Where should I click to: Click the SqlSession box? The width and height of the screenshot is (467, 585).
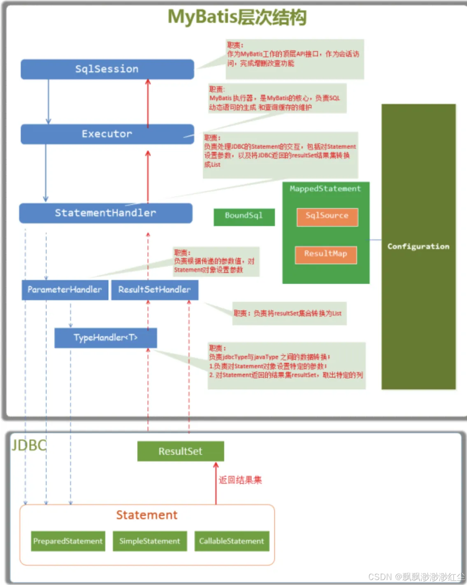coord(107,69)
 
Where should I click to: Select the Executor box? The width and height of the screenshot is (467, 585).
coord(107,134)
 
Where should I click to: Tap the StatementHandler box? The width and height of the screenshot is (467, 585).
coord(106,213)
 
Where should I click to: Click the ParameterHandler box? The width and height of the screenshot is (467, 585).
coord(65,290)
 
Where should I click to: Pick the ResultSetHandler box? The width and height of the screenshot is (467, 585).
coord(155,290)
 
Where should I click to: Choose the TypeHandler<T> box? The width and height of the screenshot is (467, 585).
coord(106,338)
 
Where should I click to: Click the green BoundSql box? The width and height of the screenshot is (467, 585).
coord(244,216)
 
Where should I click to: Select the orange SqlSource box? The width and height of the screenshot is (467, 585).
coord(327,216)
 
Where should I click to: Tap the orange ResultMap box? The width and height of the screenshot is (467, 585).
coord(325,254)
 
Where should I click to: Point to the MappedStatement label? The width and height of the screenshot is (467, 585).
coord(325,189)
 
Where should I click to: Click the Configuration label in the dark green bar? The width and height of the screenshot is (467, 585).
coord(418,247)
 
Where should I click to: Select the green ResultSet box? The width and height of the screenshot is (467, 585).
coord(181,451)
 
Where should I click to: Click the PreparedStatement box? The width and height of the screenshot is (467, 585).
coord(68,541)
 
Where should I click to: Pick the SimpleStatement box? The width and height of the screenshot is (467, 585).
coord(150,541)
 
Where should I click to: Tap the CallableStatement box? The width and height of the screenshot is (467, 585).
coord(232,541)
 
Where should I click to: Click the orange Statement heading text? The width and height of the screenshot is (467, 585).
coord(147,515)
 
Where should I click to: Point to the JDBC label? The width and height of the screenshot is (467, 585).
coord(29,446)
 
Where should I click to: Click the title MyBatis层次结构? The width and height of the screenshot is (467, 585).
coord(237,17)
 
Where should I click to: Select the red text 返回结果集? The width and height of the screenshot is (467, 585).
coord(240,480)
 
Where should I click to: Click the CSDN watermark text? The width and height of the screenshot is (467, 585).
coord(416,577)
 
